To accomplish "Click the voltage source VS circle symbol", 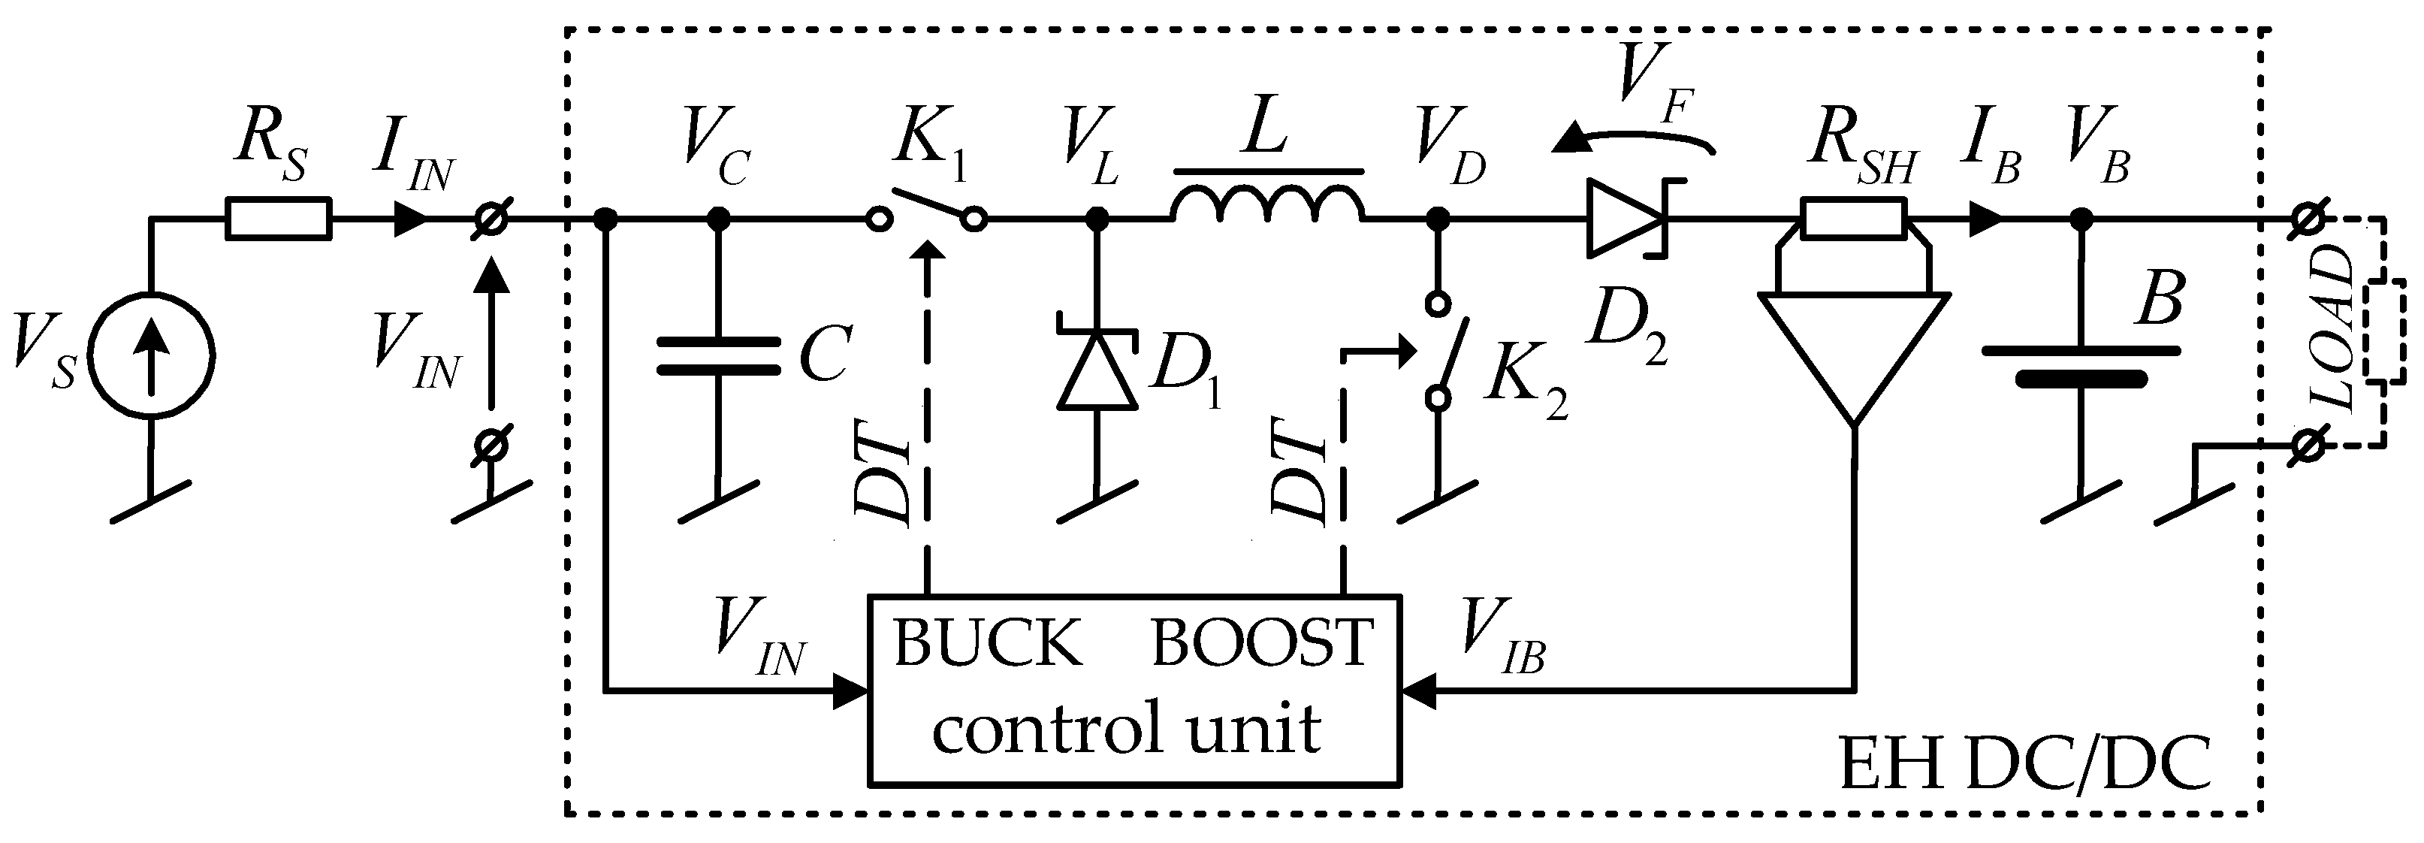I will (x=150, y=355).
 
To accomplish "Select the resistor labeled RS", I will (x=279, y=219).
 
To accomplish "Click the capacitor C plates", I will (x=718, y=355).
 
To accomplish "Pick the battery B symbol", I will (x=2081, y=365).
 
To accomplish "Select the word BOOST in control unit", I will (x=1261, y=645).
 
